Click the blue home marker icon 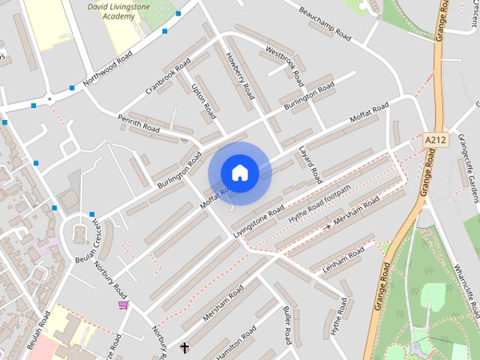[x=239, y=172]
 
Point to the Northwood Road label [x=107, y=69]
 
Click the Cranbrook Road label [x=169, y=76]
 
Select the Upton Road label [x=202, y=101]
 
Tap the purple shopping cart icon [x=123, y=304]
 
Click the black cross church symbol [x=184, y=347]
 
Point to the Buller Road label [x=286, y=324]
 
